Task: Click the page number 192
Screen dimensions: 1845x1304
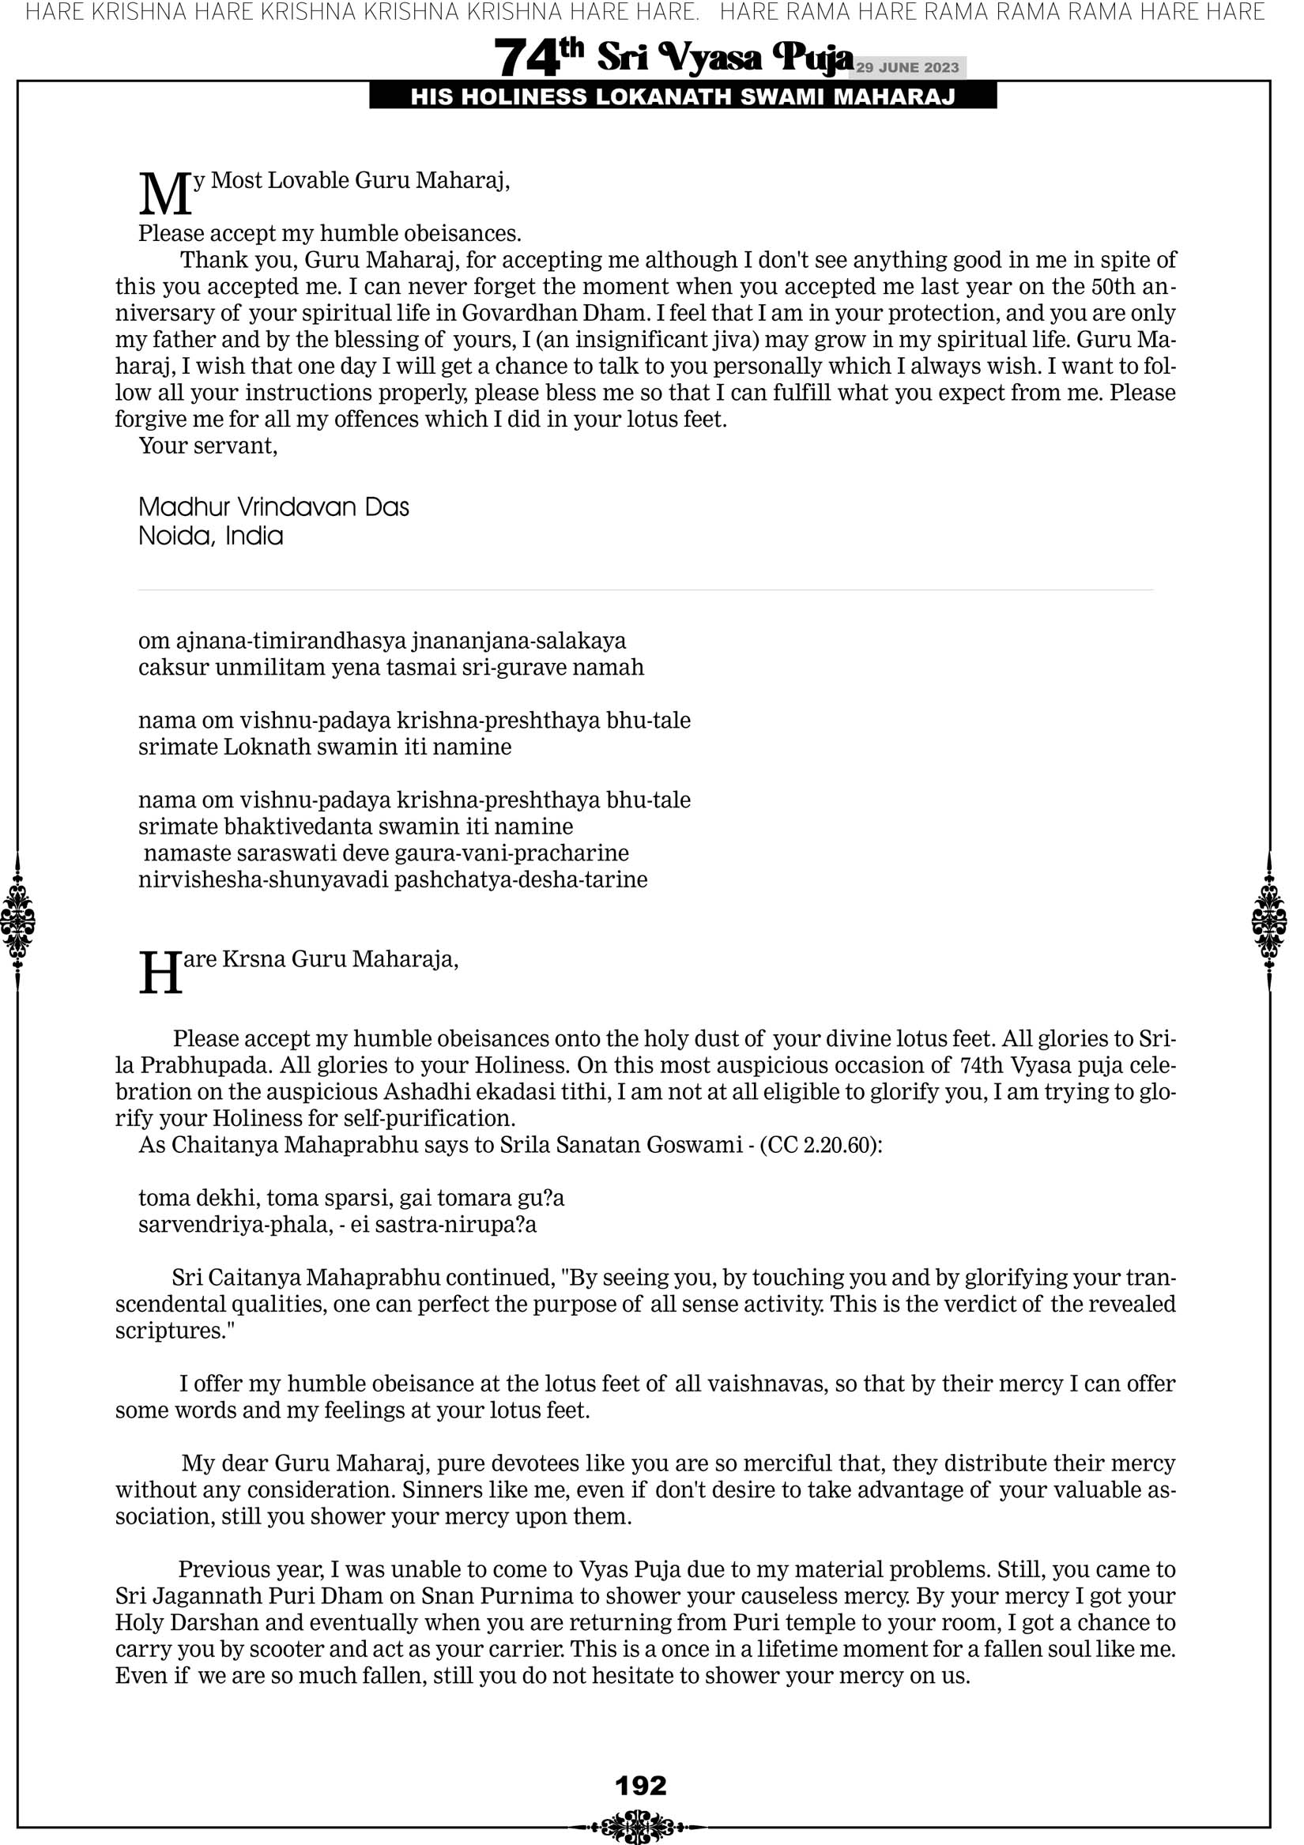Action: pyautogui.click(x=641, y=1786)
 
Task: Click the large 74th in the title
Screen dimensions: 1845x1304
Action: pyautogui.click(x=538, y=58)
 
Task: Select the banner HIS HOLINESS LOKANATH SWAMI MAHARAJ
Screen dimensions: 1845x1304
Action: pyautogui.click(x=683, y=97)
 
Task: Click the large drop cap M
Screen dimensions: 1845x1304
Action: pyautogui.click(x=165, y=195)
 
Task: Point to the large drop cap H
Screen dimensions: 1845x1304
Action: pyautogui.click(x=160, y=974)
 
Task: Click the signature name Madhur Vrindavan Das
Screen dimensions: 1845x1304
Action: pyautogui.click(x=273, y=507)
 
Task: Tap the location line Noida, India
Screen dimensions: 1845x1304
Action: pyautogui.click(x=211, y=536)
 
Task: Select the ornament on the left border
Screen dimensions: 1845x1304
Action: pyautogui.click(x=17, y=921)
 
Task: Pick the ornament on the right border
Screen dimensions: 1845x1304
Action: pyautogui.click(x=1269, y=921)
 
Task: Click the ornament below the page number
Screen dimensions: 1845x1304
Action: pyautogui.click(x=641, y=1825)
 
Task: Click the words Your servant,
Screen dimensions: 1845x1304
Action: pyautogui.click(x=208, y=446)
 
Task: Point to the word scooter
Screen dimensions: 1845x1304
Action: pyautogui.click(x=283, y=1650)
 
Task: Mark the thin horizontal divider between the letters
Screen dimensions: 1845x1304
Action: pyautogui.click(x=646, y=590)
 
